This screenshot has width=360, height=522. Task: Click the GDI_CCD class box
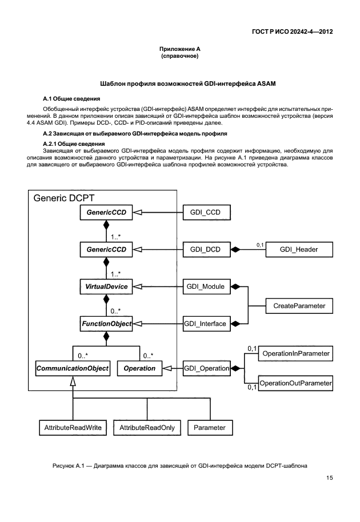click(206, 213)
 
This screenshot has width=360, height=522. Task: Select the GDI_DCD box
click(206, 249)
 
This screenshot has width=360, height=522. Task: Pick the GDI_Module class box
click(206, 286)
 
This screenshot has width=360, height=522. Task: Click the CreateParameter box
click(299, 306)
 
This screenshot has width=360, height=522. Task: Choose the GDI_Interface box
click(206, 324)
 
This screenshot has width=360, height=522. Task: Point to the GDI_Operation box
click(206, 369)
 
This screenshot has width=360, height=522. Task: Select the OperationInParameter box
click(295, 354)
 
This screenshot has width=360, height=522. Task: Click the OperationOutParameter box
click(295, 382)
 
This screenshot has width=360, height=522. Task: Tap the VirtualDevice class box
click(106, 286)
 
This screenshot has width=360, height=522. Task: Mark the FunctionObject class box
click(106, 324)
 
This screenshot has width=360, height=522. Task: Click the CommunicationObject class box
click(73, 369)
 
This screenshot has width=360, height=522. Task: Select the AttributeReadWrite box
click(73, 428)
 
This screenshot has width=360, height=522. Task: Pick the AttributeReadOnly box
click(147, 428)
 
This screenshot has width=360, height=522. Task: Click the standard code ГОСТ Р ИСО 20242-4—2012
click(293, 31)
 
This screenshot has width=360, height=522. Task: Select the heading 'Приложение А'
click(180, 50)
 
